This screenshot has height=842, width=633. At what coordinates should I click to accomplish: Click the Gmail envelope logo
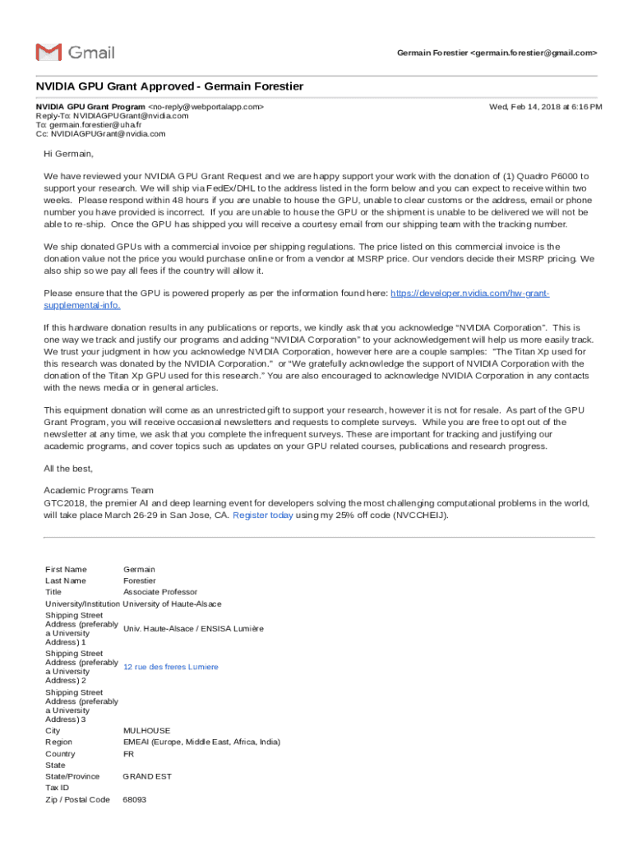[x=49, y=52]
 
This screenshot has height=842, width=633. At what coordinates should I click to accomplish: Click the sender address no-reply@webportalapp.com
[x=206, y=107]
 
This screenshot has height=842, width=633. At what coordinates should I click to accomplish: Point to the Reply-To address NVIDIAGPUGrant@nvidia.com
[x=135, y=116]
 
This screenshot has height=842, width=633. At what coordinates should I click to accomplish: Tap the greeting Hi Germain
[x=69, y=154]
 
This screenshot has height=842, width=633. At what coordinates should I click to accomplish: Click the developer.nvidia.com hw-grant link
[x=469, y=294]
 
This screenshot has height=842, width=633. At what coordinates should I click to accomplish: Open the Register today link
[x=263, y=516]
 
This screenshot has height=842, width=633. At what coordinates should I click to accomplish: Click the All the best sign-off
[x=69, y=468]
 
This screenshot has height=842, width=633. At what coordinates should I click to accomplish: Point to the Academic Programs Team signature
[x=99, y=490]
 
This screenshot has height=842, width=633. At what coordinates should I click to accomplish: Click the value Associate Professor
[x=160, y=591]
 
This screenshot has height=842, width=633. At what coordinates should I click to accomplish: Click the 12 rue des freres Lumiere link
[x=171, y=667]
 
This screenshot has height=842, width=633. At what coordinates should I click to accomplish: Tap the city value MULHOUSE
[x=146, y=730]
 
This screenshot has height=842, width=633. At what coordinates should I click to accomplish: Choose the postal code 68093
[x=135, y=799]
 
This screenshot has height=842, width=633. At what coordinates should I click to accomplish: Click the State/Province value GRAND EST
[x=147, y=776]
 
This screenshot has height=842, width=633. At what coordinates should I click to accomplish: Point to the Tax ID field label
[x=58, y=788]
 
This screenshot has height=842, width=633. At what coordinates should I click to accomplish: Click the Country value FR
[x=128, y=753]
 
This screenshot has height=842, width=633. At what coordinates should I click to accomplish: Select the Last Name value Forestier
[x=140, y=581]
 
